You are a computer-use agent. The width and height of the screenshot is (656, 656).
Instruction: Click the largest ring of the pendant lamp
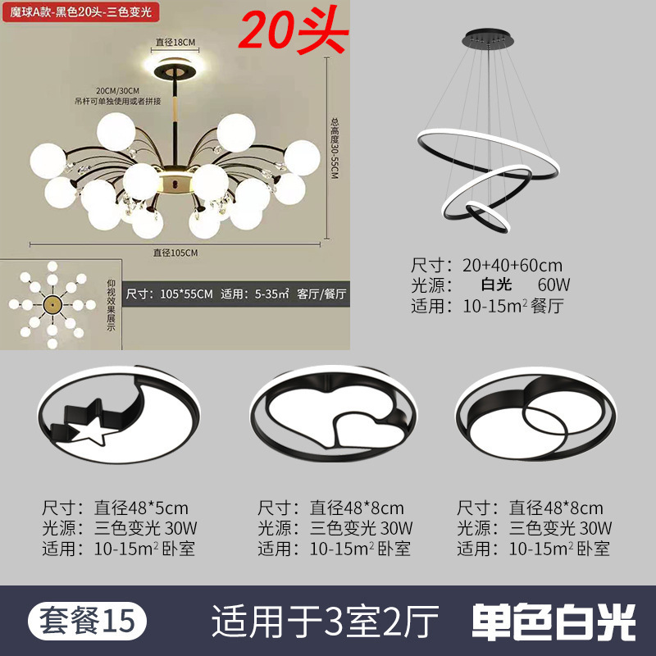[489, 153]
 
